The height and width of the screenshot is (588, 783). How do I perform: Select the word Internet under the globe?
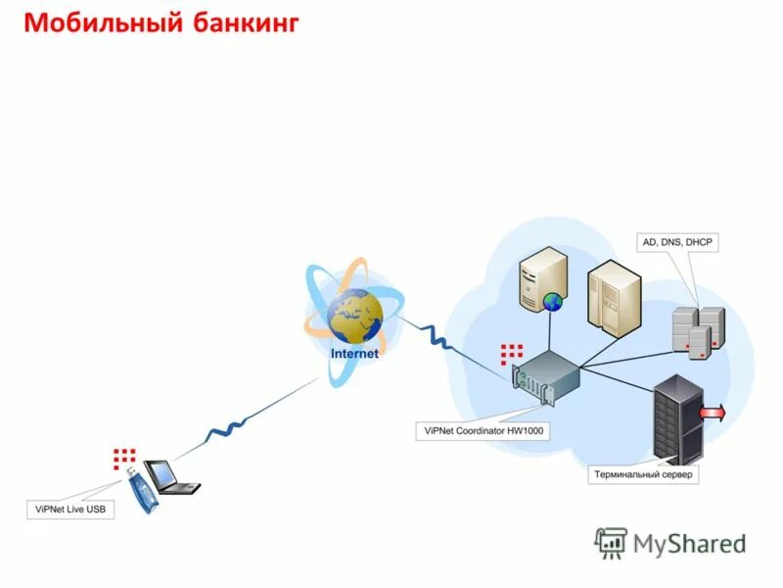[353, 354]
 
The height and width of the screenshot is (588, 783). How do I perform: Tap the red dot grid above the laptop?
[123, 456]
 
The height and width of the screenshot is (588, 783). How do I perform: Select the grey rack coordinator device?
[547, 378]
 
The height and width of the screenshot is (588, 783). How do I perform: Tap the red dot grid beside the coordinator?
[511, 353]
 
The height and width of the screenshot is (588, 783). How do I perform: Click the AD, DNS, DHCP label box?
[677, 241]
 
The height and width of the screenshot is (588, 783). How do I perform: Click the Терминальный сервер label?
[644, 475]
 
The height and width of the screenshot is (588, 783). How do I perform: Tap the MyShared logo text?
[689, 543]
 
